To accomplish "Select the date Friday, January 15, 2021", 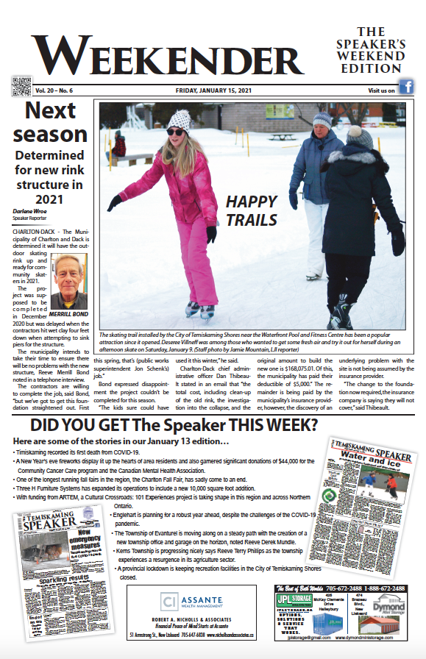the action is tap(212, 90).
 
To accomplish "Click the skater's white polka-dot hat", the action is tap(179, 120).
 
